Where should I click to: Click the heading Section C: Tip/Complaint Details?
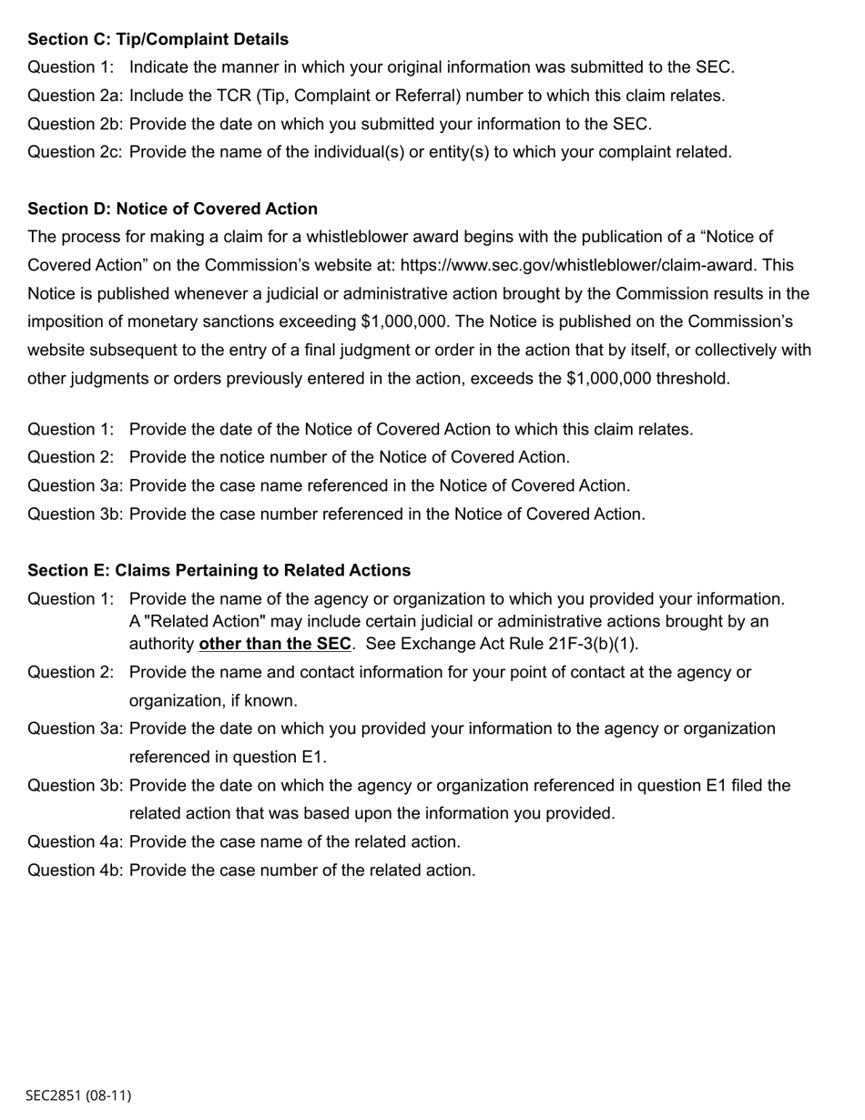pyautogui.click(x=158, y=39)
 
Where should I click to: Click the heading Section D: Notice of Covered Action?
pyautogui.click(x=172, y=209)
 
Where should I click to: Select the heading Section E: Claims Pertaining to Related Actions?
pyautogui.click(x=219, y=570)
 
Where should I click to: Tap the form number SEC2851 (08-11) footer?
pyautogui.click(x=78, y=1095)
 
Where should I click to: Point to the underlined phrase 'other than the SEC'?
pyautogui.click(x=274, y=644)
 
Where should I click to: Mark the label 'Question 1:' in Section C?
pyautogui.click(x=71, y=67)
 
